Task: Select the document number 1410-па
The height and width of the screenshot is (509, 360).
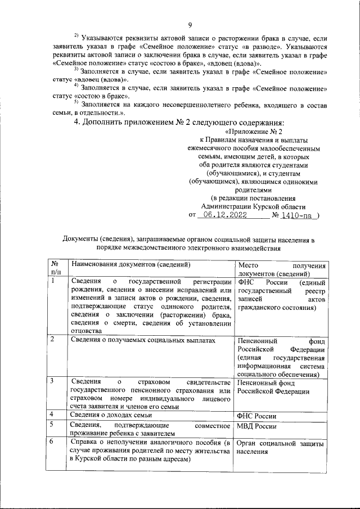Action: tap(297, 215)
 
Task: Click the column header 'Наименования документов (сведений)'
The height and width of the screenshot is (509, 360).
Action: tap(128, 264)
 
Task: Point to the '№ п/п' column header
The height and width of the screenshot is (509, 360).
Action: tap(55, 268)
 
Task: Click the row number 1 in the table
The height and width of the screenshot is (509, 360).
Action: tap(52, 281)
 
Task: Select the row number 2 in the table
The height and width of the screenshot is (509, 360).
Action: tap(52, 339)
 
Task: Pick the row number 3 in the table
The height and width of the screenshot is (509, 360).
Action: tap(52, 382)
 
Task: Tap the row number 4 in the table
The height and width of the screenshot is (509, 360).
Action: tap(52, 415)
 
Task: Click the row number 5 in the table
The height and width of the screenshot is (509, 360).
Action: tap(52, 425)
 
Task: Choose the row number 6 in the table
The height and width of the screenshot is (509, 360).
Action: tap(52, 443)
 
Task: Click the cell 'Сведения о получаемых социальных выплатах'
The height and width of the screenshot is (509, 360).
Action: tap(142, 340)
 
